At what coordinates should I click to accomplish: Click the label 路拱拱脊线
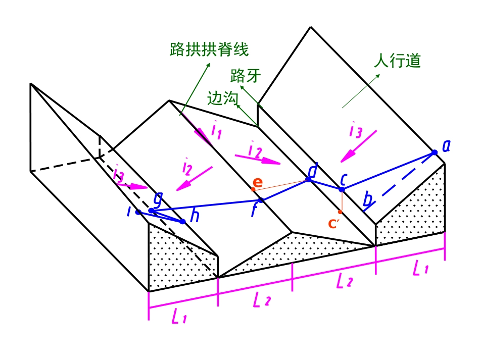point(209,49)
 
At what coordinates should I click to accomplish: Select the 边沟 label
point(222,98)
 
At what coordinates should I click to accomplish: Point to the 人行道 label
point(397,61)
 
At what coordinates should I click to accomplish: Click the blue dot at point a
point(435,152)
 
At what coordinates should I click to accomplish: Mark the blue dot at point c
point(342,189)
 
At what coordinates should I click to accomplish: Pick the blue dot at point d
point(309,180)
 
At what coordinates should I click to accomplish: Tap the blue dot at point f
point(261,200)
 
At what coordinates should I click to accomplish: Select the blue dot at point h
point(183,221)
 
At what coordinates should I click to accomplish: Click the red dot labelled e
point(253,189)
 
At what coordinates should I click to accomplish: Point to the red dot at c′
point(341,212)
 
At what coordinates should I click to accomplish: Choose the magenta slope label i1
point(216,131)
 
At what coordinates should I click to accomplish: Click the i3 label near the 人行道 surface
point(355,131)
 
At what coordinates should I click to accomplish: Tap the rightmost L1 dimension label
point(420,269)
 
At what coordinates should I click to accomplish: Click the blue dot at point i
point(138,212)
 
